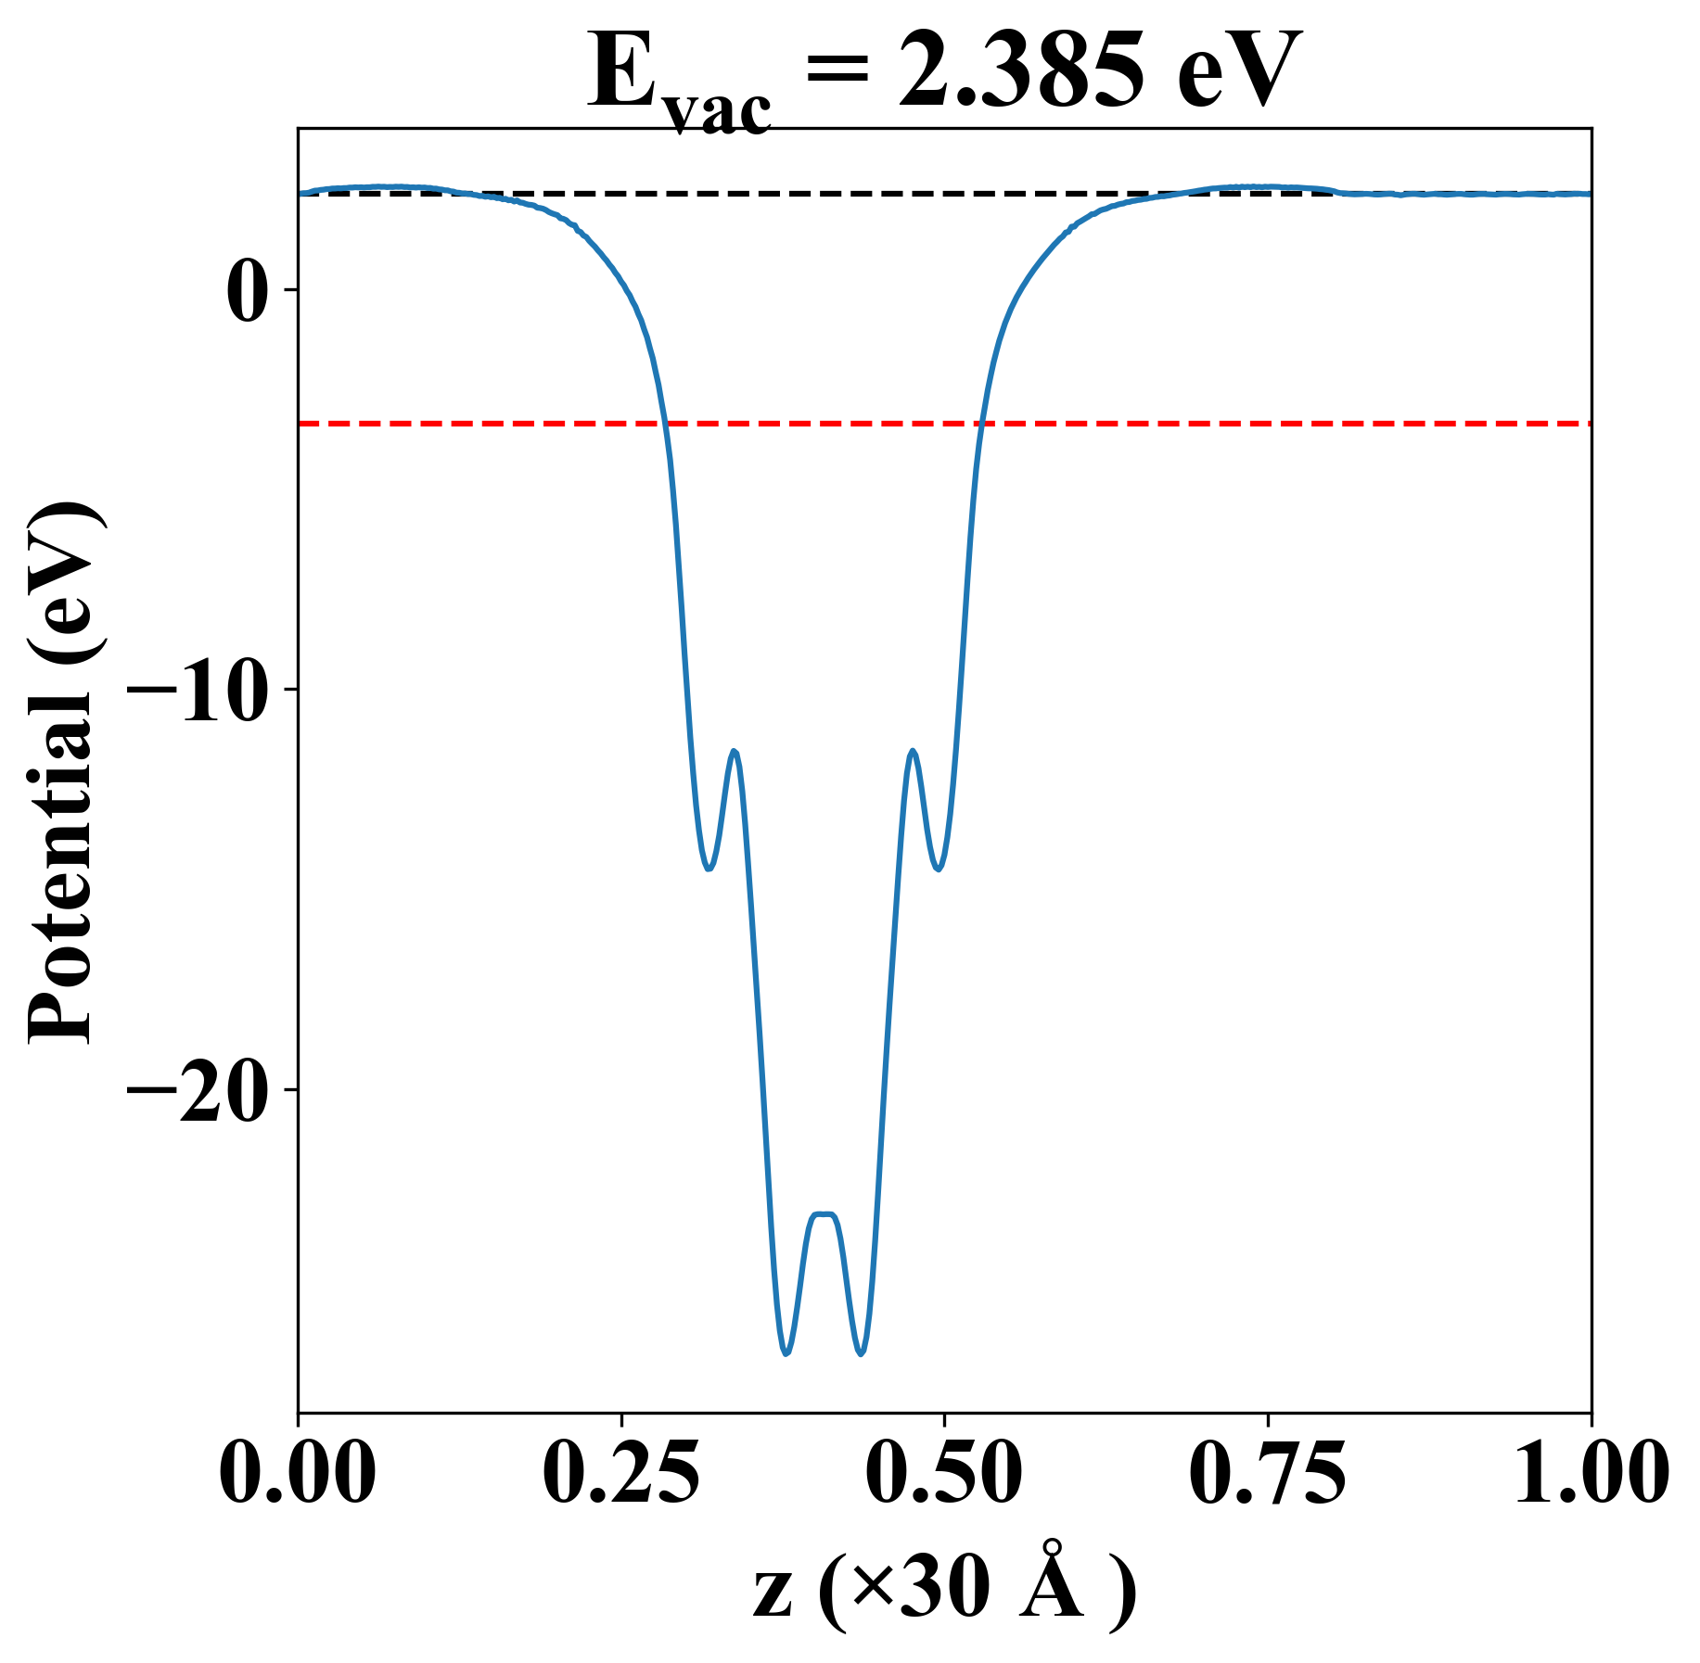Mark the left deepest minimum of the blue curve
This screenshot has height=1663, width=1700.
pyautogui.click(x=786, y=1353)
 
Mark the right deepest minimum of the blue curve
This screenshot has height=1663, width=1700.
pyautogui.click(x=861, y=1353)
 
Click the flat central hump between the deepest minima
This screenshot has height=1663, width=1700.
pyautogui.click(x=824, y=1214)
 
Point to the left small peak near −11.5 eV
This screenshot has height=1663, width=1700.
pyautogui.click(x=735, y=752)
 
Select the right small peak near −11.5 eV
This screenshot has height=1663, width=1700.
pyautogui.click(x=914, y=752)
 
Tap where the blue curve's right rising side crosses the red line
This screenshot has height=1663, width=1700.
pyautogui.click(x=982, y=424)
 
